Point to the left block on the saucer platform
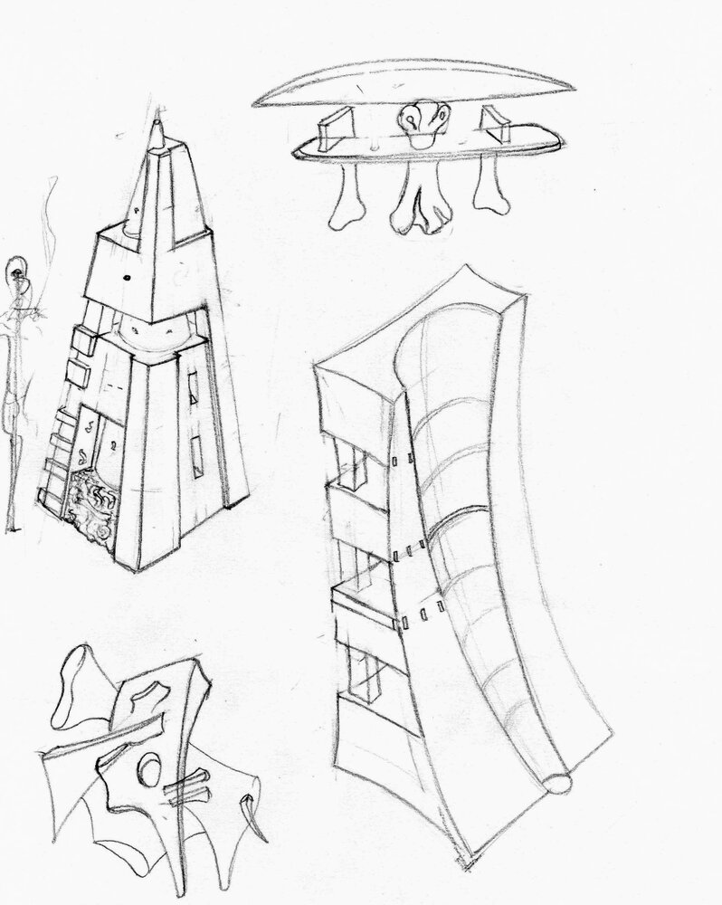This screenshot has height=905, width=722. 334,129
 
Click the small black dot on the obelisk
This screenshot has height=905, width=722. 126,277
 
